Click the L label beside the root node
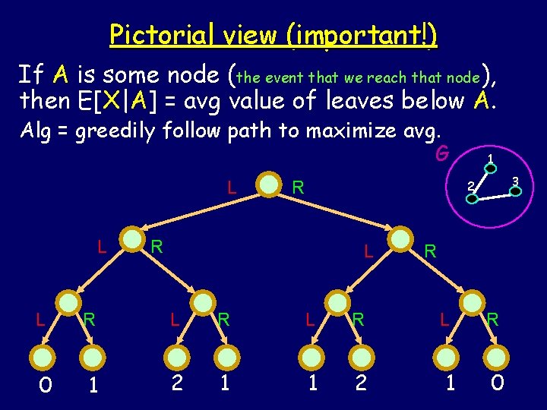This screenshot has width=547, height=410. (x=231, y=185)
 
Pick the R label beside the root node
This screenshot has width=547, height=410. (x=299, y=186)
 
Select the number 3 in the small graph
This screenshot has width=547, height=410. (x=515, y=181)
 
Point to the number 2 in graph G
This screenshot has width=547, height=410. (x=470, y=185)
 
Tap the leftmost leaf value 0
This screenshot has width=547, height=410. (x=45, y=386)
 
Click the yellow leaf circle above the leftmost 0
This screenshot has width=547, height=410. (x=45, y=357)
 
